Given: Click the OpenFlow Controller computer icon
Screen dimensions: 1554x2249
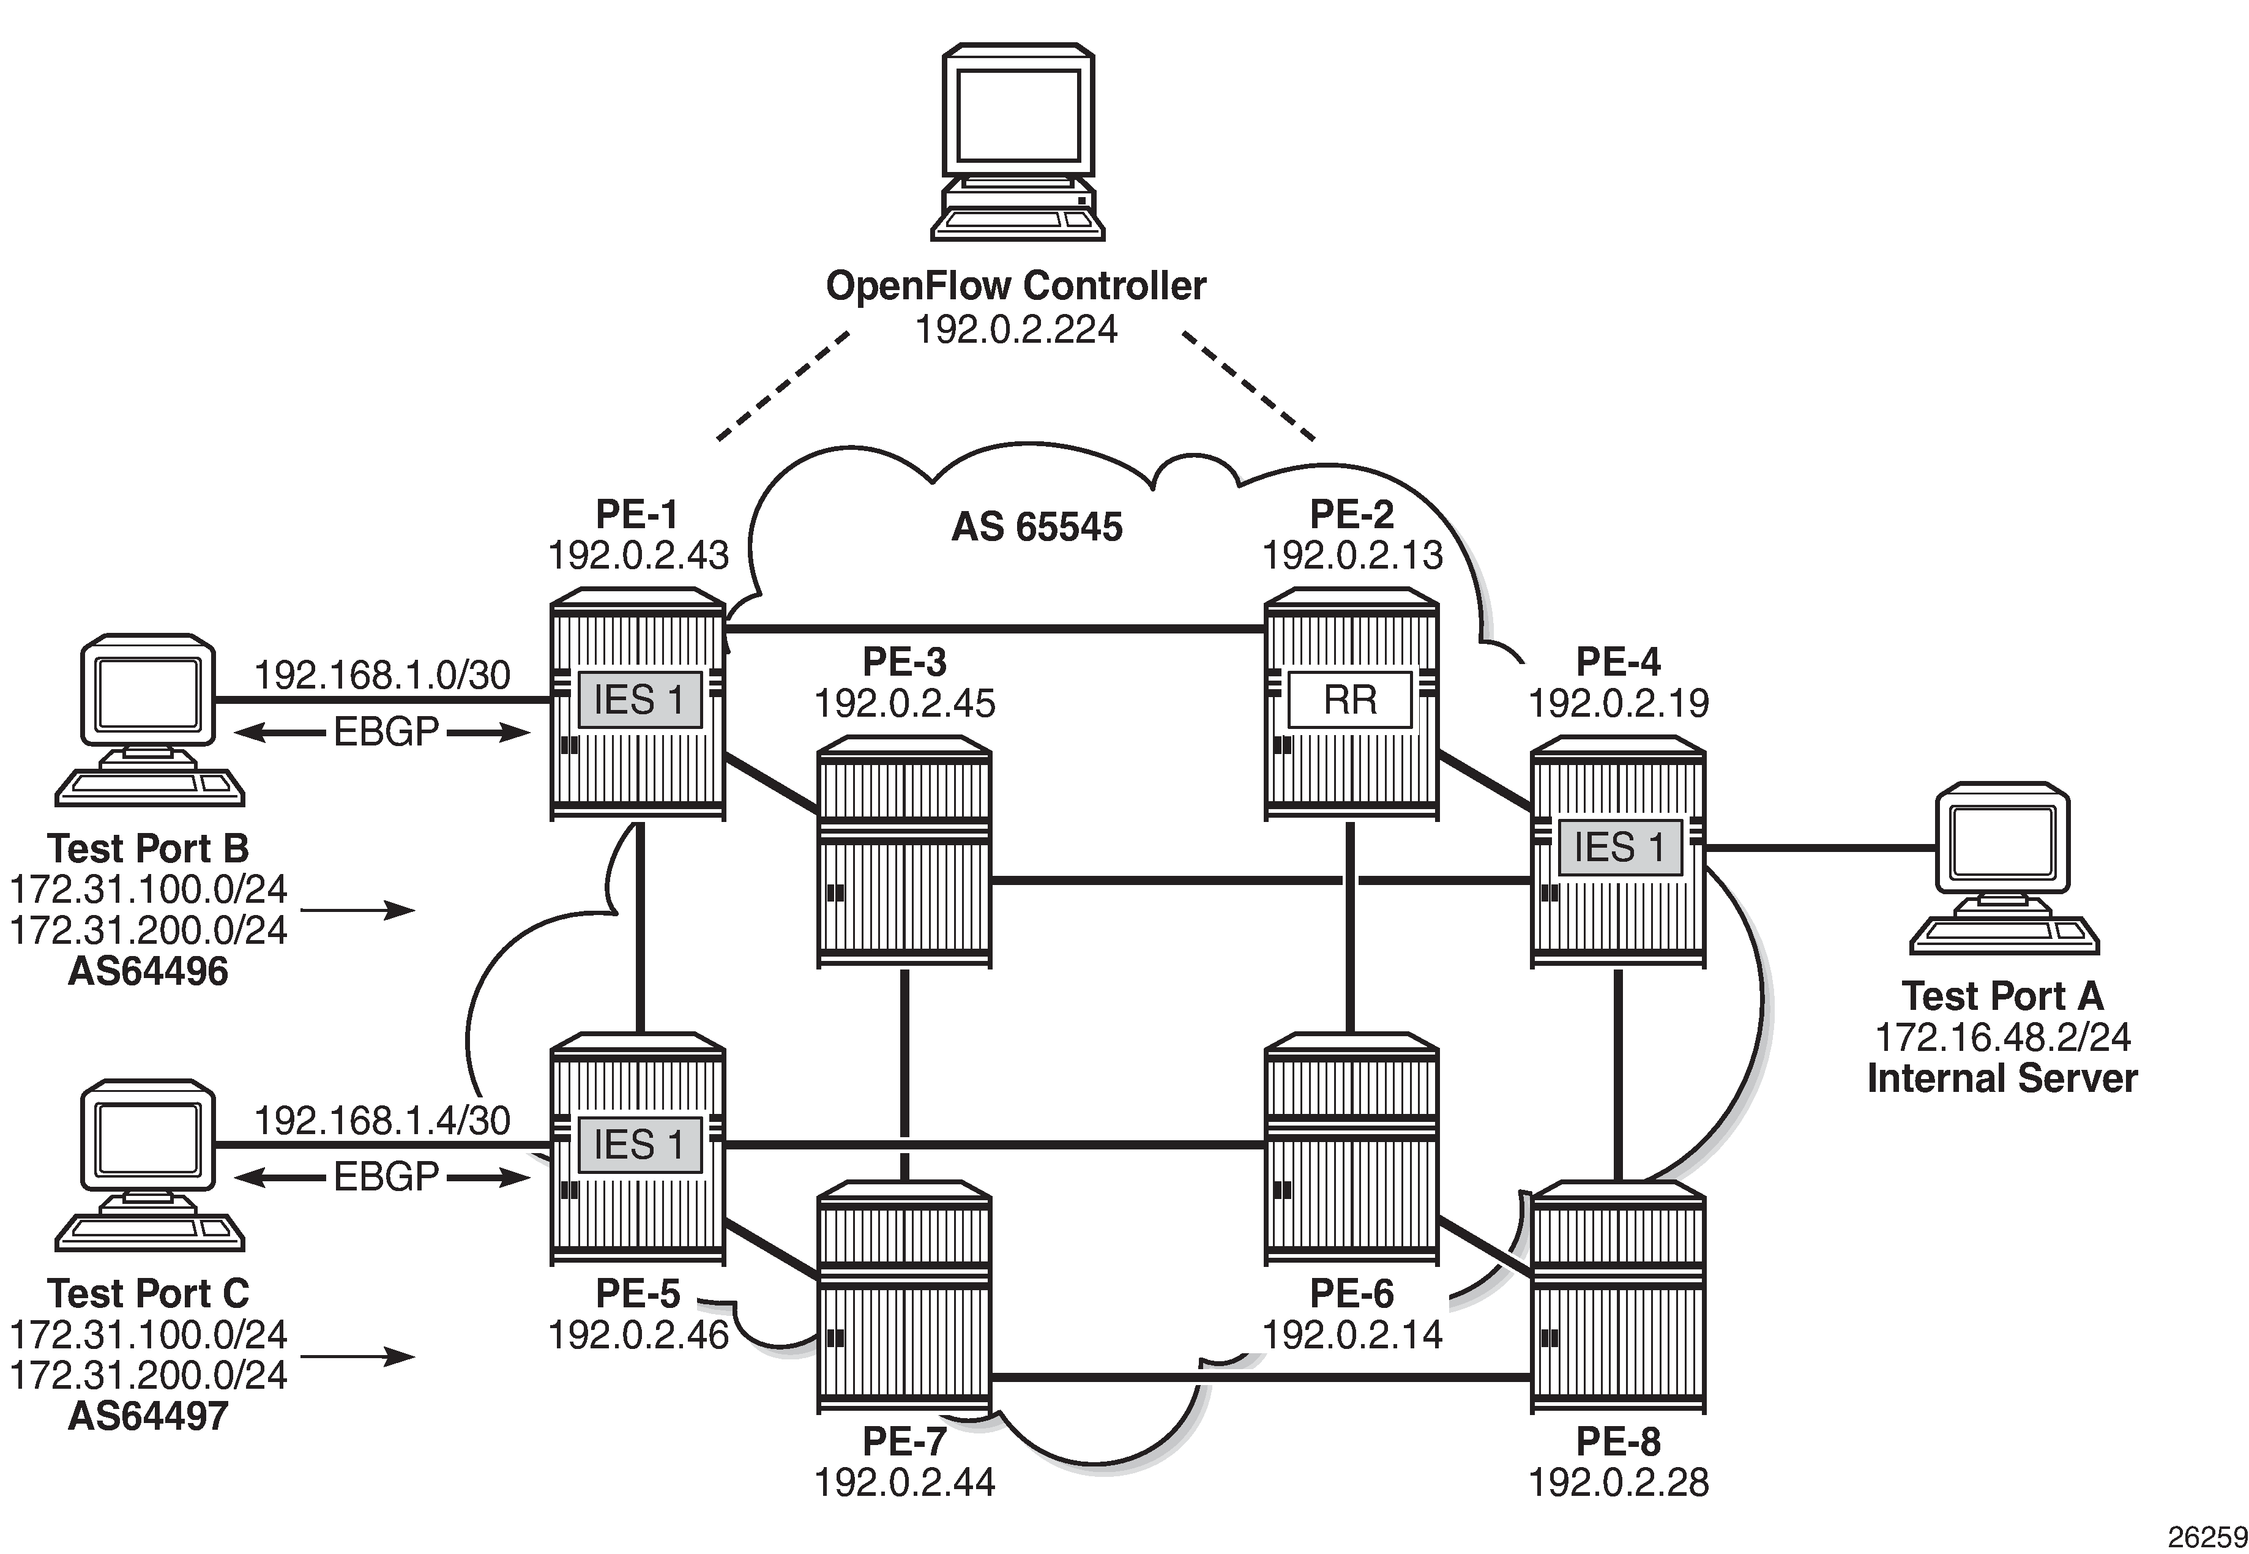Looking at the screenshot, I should (1017, 141).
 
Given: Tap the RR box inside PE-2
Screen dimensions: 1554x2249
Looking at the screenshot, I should (1349, 699).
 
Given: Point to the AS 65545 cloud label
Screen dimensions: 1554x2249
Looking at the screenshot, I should (1036, 527).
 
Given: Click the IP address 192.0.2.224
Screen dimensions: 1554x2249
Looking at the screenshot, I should (1015, 329).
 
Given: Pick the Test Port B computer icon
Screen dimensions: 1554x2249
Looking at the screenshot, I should (149, 720).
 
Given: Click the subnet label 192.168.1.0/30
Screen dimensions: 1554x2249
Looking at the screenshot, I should (382, 674).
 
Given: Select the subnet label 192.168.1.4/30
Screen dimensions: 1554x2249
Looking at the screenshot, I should (382, 1121).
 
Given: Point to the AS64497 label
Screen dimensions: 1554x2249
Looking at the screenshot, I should (148, 1416).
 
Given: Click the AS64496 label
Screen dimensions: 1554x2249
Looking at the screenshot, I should (148, 971).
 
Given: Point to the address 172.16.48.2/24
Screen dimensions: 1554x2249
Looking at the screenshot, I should (2002, 1037).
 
